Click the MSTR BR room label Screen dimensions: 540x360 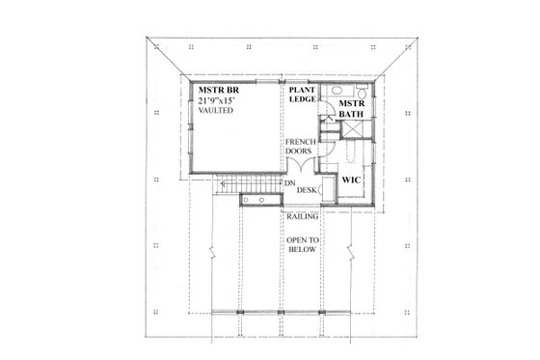pyautogui.click(x=214, y=90)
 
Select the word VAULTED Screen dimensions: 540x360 pyautogui.click(x=216, y=111)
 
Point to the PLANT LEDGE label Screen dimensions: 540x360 pyautogui.click(x=299, y=96)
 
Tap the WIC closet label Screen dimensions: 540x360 pyautogui.click(x=350, y=180)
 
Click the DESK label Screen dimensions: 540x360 pyautogui.click(x=307, y=190)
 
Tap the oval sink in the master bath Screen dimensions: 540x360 pyautogui.click(x=343, y=92)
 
